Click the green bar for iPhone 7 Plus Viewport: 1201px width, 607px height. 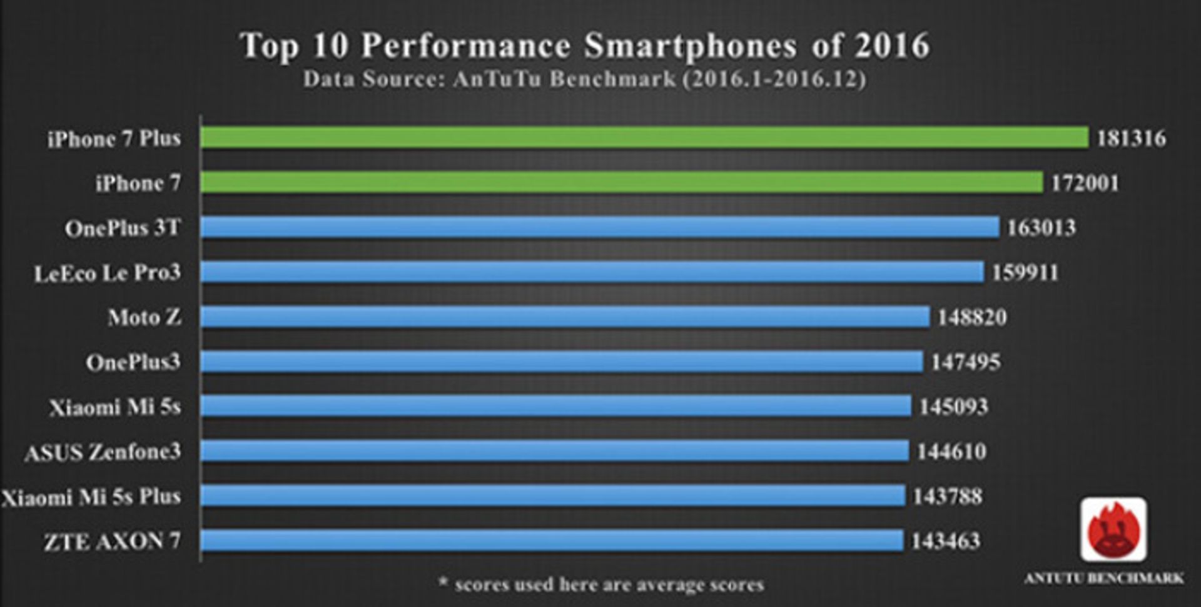[644, 138]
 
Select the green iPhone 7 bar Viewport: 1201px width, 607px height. [622, 183]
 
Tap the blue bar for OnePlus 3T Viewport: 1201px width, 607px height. [600, 228]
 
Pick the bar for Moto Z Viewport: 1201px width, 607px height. [565, 317]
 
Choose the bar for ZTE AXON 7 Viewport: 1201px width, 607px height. [552, 541]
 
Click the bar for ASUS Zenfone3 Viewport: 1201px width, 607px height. [555, 451]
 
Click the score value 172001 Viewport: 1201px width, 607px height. [1085, 183]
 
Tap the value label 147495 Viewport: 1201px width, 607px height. [966, 362]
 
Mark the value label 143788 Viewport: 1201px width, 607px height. [948, 496]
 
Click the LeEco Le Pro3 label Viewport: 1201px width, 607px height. [108, 273]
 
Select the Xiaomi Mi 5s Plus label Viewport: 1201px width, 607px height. [91, 497]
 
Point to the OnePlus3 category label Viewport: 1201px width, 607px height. [133, 362]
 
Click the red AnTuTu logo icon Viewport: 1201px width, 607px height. [1113, 529]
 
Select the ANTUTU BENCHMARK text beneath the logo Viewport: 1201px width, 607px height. [1104, 578]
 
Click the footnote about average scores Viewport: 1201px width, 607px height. [601, 584]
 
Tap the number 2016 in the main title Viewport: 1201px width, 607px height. [893, 46]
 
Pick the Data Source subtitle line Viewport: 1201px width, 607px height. [585, 79]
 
